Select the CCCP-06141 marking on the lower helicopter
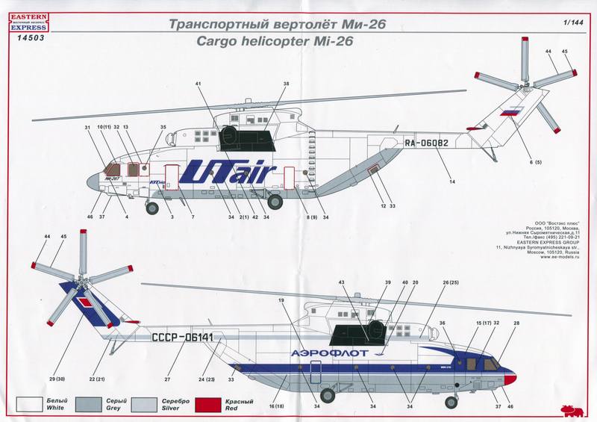tap(183, 338)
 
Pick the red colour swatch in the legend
tap(213, 405)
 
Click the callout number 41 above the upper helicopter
tap(199, 84)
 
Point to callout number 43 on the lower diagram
tap(342, 282)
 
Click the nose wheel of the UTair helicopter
tap(154, 208)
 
